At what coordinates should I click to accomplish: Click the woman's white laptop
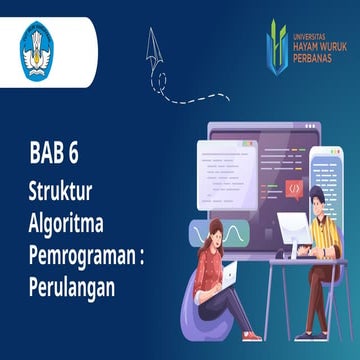(x=229, y=275)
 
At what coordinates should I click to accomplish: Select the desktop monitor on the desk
(x=292, y=230)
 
